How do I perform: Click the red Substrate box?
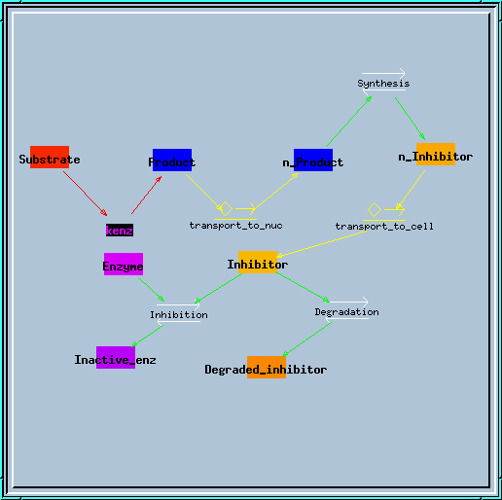coord(50,157)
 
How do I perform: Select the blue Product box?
coord(172,160)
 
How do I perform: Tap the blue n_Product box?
coord(313,160)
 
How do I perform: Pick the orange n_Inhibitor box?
coord(436,154)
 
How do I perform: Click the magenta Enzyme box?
coord(124,264)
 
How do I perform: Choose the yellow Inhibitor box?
coord(258,262)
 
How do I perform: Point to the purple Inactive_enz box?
coord(116,357)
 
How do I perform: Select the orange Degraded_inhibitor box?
coord(267,367)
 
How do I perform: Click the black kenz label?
coord(120,231)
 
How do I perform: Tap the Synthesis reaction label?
coord(383,84)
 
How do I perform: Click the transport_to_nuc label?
coord(235,226)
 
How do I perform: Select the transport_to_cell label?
coord(384,226)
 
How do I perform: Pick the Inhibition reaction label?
coord(179,315)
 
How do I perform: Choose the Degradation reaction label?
coord(346,312)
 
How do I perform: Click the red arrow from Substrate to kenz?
coord(86,194)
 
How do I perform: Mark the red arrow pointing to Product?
coord(147,195)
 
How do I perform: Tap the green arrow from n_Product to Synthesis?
coord(349,122)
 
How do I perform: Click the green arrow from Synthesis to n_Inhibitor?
coord(411,119)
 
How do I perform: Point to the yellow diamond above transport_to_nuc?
coord(226,208)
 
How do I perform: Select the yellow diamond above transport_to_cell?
coord(375,209)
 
